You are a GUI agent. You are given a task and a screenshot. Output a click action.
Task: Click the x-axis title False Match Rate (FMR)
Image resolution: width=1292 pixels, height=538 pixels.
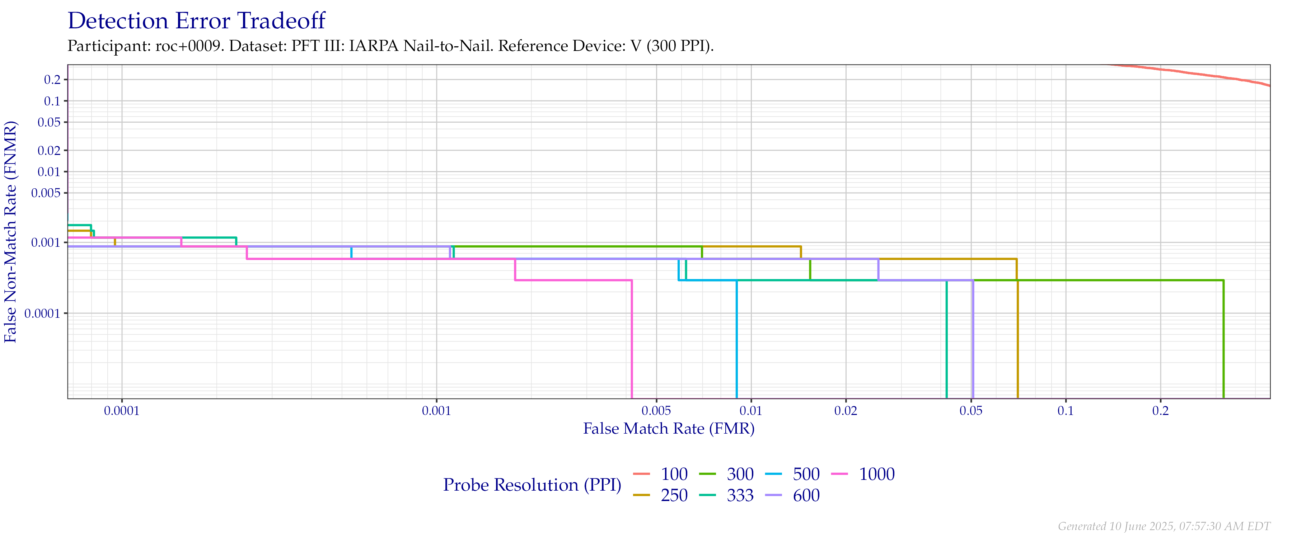[669, 429]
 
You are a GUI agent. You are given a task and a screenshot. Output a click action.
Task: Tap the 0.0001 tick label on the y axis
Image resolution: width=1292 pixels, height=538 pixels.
[45, 313]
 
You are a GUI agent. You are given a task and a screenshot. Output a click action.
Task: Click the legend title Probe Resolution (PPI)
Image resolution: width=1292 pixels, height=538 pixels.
[532, 485]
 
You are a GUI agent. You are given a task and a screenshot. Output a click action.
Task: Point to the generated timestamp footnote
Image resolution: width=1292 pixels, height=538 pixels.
[1164, 526]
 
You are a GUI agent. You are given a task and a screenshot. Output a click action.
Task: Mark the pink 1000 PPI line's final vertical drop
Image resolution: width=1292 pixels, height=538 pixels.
[631, 341]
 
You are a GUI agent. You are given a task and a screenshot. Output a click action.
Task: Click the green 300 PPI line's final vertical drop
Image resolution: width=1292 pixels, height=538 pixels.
[1224, 341]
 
